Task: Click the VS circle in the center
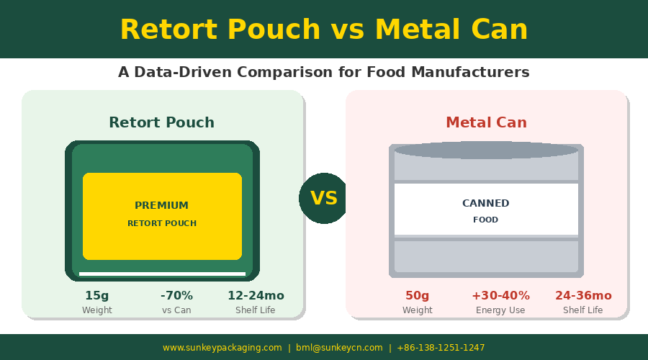click(324, 198)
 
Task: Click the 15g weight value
click(97, 295)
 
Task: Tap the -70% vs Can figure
click(176, 295)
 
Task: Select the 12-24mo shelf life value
click(256, 295)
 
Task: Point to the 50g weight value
click(417, 295)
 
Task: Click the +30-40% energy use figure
click(500, 295)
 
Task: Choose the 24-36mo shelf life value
click(583, 295)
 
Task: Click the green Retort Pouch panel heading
click(161, 122)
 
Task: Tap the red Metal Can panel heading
click(486, 122)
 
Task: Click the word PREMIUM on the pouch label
click(161, 205)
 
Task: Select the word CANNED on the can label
click(486, 203)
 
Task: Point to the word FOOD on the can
click(486, 220)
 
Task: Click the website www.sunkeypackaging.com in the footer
click(222, 348)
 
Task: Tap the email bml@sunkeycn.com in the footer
click(339, 348)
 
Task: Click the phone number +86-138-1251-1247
click(441, 348)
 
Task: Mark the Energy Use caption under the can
click(500, 310)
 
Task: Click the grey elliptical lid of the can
click(486, 150)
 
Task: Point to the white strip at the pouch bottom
click(162, 274)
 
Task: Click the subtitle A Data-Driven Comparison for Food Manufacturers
click(324, 73)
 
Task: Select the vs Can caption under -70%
click(176, 310)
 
